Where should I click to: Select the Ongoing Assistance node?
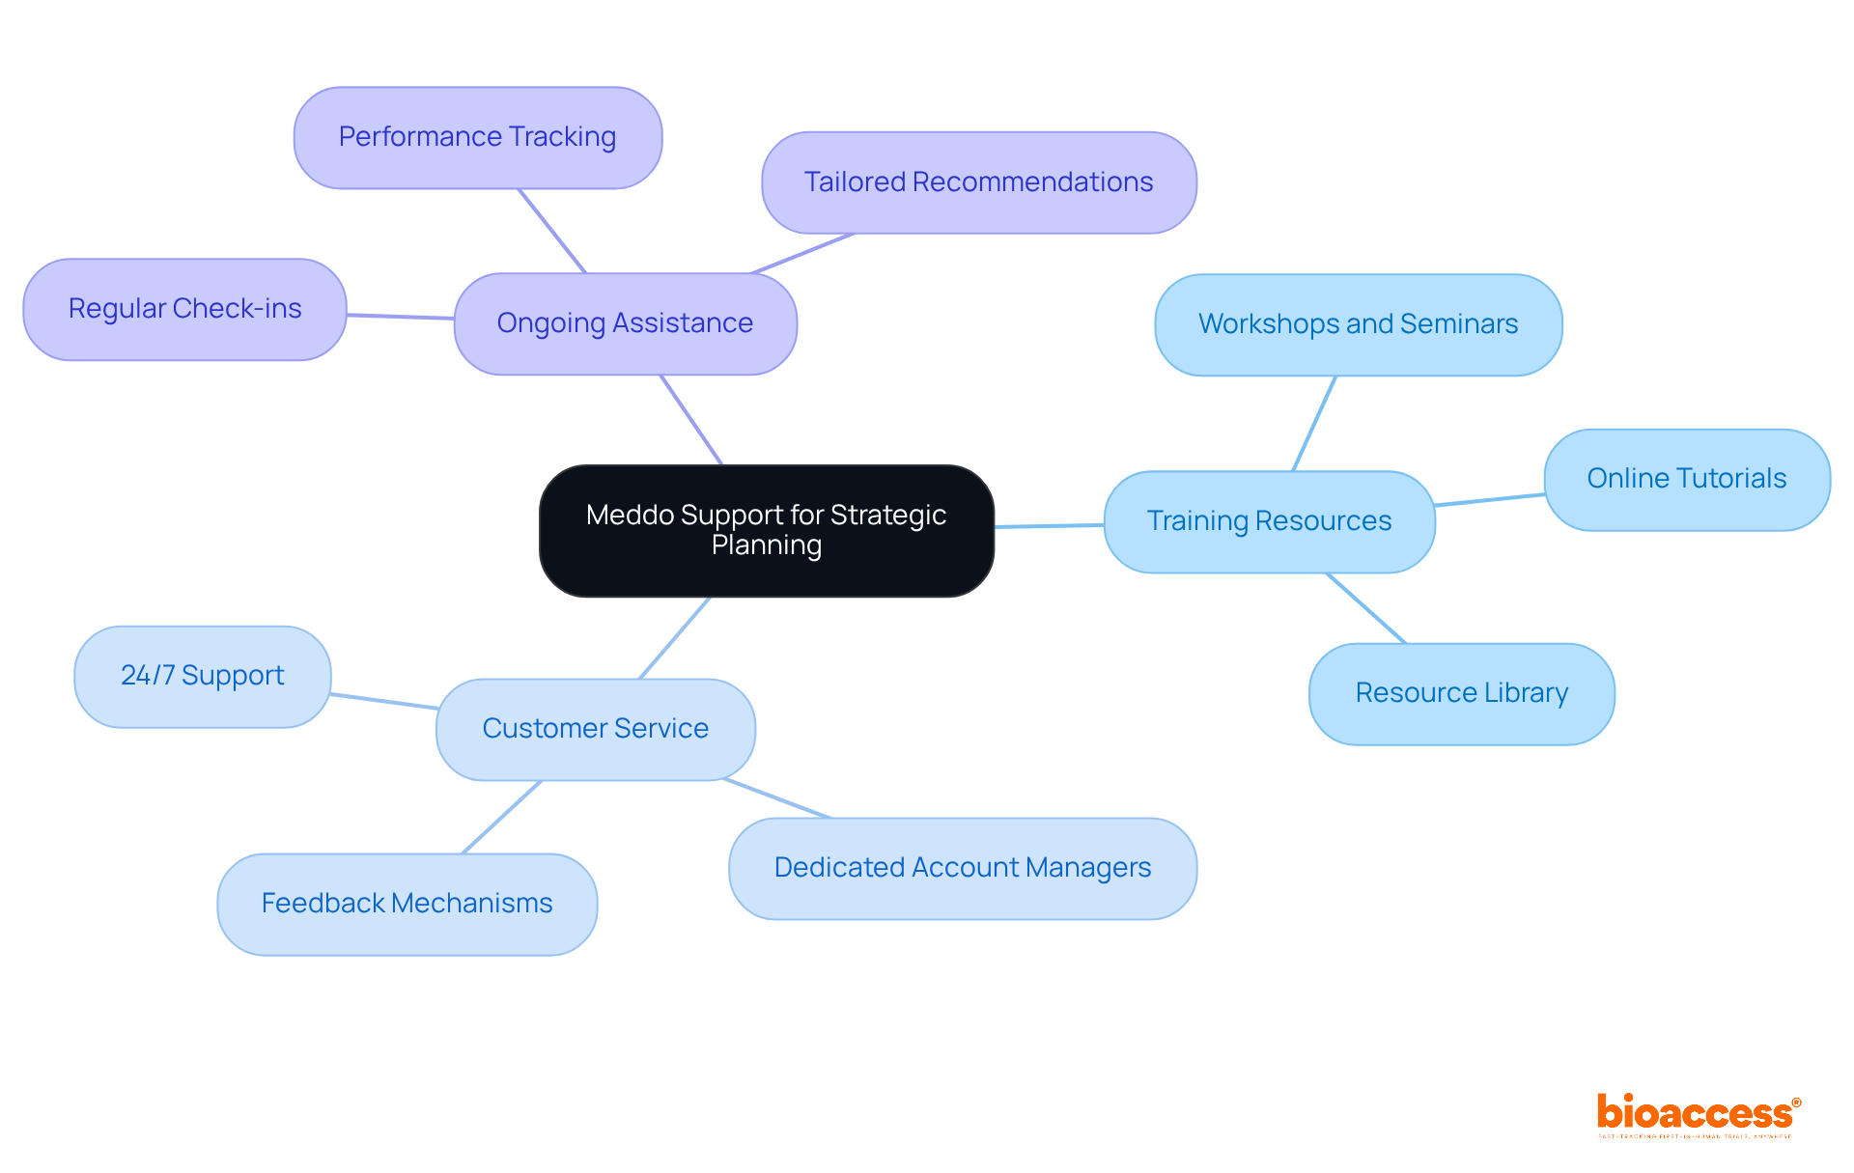(x=625, y=323)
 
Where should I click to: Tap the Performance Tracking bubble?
(x=477, y=137)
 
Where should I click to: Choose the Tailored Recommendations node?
(x=978, y=182)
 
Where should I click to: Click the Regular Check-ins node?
(x=184, y=309)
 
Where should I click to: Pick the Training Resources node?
(x=1269, y=521)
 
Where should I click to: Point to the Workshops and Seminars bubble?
(x=1358, y=324)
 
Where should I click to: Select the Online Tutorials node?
(x=1686, y=479)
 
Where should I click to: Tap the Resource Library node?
(x=1461, y=693)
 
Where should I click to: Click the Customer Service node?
(x=595, y=729)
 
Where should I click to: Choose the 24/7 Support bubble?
(x=202, y=676)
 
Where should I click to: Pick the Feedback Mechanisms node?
(x=407, y=904)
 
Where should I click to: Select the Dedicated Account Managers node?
(x=962, y=868)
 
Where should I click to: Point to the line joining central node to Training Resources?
(x=1049, y=526)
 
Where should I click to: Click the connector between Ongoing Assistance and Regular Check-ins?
(x=400, y=317)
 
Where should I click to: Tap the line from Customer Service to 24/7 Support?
(x=383, y=701)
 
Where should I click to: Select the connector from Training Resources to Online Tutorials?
(x=1489, y=500)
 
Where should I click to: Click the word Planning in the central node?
(x=767, y=545)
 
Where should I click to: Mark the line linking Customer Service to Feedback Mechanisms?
(x=501, y=818)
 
